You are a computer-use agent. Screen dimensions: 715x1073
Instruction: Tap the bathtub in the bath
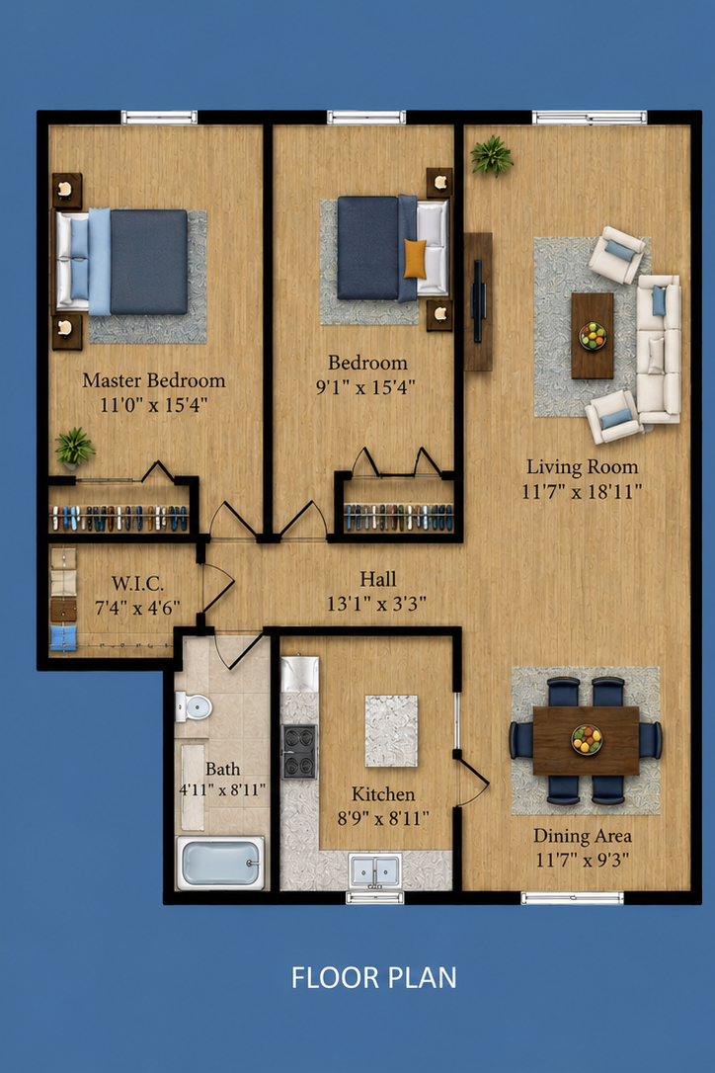(220, 863)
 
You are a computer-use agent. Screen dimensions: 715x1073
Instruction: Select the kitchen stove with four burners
(299, 751)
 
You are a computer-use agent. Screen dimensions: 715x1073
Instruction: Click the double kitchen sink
(375, 870)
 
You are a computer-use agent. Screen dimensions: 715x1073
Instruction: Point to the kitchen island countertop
(391, 731)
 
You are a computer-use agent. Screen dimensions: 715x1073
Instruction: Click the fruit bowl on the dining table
(587, 739)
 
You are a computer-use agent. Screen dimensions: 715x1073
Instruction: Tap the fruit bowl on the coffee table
(593, 336)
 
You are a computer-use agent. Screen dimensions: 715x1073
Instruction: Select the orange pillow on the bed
(415, 259)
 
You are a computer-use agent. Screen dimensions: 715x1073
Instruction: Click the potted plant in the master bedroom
(75, 447)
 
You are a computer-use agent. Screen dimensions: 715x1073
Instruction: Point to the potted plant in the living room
(492, 155)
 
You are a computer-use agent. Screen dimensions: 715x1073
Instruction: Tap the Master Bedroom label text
(154, 380)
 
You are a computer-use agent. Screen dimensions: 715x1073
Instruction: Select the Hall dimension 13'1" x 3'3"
(376, 604)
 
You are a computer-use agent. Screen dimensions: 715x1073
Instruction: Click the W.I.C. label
(137, 584)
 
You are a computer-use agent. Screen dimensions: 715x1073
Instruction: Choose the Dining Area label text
(583, 836)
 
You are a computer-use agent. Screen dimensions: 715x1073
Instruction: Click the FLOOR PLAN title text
(373, 978)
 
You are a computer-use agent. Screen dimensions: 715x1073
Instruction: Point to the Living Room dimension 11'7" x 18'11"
(583, 491)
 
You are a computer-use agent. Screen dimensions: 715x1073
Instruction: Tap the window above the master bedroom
(159, 117)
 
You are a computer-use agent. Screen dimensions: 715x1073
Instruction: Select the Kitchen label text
(383, 793)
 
